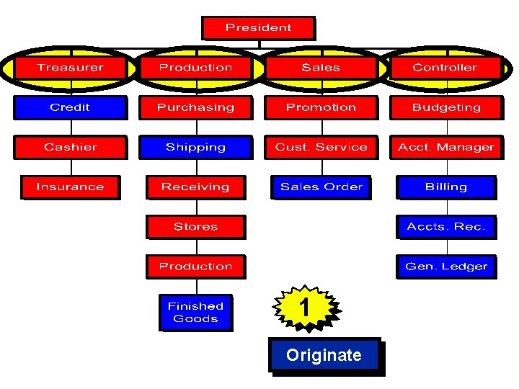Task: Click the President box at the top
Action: (258, 28)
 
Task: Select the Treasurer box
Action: (70, 68)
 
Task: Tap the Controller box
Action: (445, 68)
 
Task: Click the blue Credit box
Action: (70, 107)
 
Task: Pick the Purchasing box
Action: (195, 107)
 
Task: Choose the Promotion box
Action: (321, 107)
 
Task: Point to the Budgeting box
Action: (445, 107)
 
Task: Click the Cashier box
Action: (70, 147)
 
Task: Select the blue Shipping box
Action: (195, 147)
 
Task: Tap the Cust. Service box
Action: (321, 147)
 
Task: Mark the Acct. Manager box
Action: (445, 147)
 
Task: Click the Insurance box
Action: (70, 187)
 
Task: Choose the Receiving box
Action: (195, 187)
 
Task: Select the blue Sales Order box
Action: (321, 187)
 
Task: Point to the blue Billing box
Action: (445, 187)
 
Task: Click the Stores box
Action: (195, 226)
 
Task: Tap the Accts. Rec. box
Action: (445, 226)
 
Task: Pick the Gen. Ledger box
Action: (445, 266)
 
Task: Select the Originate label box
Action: (324, 355)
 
